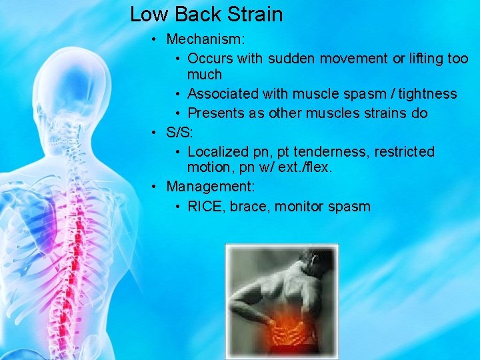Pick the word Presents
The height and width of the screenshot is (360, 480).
click(216, 113)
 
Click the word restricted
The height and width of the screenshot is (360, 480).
click(404, 152)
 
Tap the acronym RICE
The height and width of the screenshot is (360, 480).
click(206, 206)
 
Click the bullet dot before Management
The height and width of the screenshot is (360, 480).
click(154, 186)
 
